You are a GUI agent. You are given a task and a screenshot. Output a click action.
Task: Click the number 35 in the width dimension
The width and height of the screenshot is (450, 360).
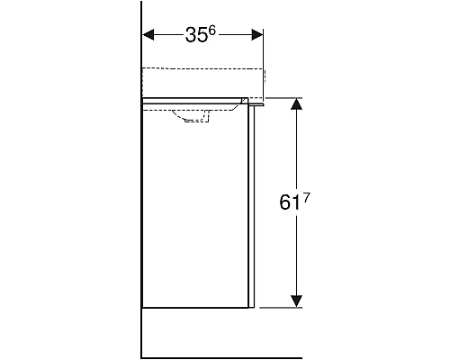coord(196,36)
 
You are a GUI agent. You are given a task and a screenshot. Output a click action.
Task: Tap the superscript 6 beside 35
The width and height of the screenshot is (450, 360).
coord(213,31)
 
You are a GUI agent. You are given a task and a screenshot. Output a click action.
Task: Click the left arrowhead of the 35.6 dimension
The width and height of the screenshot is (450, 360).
coord(149,35)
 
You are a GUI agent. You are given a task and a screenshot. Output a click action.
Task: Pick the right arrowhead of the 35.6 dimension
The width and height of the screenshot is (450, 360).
coord(258,35)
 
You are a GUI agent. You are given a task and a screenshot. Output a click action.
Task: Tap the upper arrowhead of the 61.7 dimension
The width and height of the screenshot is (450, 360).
coord(294,103)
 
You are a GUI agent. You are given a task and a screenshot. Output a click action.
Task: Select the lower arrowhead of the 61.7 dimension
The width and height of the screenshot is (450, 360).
coord(294,299)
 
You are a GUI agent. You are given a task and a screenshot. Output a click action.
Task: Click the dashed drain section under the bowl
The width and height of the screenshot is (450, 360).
coord(195,123)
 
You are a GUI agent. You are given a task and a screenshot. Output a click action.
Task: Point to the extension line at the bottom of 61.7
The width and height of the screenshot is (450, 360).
coord(283,306)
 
